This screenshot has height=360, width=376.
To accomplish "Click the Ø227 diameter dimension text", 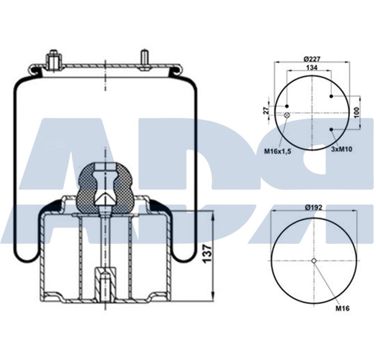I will pyautogui.click(x=312, y=58).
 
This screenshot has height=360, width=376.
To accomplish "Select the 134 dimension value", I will pyautogui.click(x=312, y=68).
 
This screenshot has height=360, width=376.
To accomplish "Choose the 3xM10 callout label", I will pyautogui.click(x=342, y=150).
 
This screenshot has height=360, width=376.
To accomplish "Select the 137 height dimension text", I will pyautogui.click(x=207, y=254).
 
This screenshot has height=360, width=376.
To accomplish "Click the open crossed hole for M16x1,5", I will pyautogui.click(x=287, y=114).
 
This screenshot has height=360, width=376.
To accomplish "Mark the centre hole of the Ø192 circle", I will pyautogui.click(x=314, y=261).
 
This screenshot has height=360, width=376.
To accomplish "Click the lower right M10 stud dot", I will pyautogui.click(x=331, y=129).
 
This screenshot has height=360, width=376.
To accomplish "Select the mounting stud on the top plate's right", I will pyautogui.click(x=143, y=60).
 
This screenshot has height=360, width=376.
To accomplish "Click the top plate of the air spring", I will pyautogui.click(x=104, y=69).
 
